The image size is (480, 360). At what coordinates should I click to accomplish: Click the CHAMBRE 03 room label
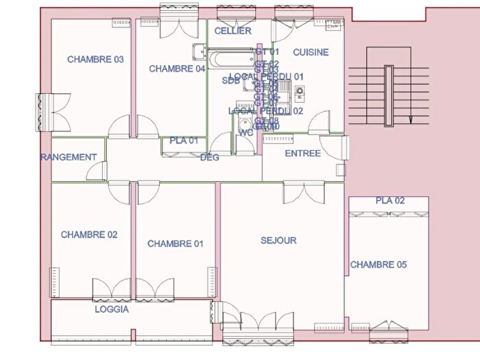click(x=95, y=60)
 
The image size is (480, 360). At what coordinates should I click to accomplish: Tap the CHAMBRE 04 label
click(x=177, y=69)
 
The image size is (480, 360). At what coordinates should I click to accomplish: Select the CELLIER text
click(x=232, y=31)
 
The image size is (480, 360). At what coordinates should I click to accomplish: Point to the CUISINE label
click(x=311, y=52)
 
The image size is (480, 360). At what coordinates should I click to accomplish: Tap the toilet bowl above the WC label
click(x=245, y=123)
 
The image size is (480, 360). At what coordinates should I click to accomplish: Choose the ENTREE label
click(x=302, y=154)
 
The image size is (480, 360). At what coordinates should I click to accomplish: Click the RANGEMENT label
click(x=69, y=157)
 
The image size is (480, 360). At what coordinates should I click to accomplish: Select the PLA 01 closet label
click(x=184, y=141)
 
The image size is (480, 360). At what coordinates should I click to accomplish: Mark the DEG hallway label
click(x=209, y=158)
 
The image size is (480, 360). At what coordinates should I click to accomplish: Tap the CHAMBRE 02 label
click(x=89, y=235)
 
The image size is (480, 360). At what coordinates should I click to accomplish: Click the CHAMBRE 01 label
click(x=176, y=244)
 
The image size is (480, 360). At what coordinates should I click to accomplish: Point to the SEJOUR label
click(x=278, y=241)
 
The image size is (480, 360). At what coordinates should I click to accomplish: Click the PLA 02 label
click(x=389, y=201)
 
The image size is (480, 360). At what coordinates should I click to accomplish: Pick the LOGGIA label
click(x=112, y=309)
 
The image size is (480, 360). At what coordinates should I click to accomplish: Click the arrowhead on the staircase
click(x=410, y=119)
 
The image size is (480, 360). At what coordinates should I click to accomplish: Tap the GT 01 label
click(x=267, y=52)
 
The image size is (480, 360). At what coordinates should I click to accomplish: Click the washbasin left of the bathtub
click(x=199, y=51)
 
